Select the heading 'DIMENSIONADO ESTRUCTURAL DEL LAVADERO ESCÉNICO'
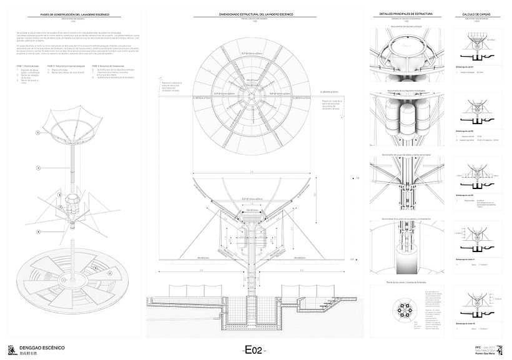tap(254, 13)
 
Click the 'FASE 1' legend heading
tap(27, 65)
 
